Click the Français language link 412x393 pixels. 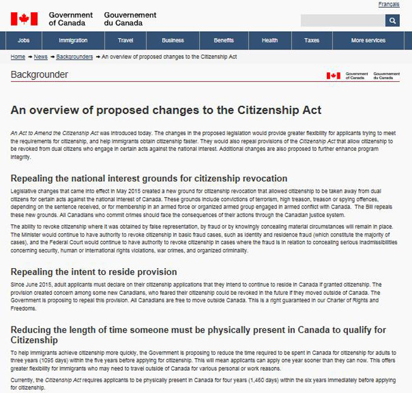click(389, 4)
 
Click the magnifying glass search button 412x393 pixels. click(392, 21)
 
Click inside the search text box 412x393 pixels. click(342, 21)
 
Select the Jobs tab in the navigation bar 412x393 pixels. click(24, 41)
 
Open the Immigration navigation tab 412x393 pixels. click(73, 41)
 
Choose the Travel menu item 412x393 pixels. click(126, 41)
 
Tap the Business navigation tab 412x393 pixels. click(172, 41)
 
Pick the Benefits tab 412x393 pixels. click(224, 41)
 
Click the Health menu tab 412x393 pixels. click(269, 41)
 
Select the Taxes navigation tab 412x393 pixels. click(312, 41)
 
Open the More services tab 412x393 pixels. click(368, 41)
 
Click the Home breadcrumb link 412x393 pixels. click(18, 57)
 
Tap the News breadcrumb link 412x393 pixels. click(41, 57)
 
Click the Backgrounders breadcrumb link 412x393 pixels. click(74, 57)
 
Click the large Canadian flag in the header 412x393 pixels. click(24, 18)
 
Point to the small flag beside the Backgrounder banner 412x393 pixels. click(333, 75)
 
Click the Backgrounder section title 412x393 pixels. click(39, 75)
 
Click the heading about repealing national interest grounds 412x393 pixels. click(149, 178)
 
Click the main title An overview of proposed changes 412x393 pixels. click(165, 110)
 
